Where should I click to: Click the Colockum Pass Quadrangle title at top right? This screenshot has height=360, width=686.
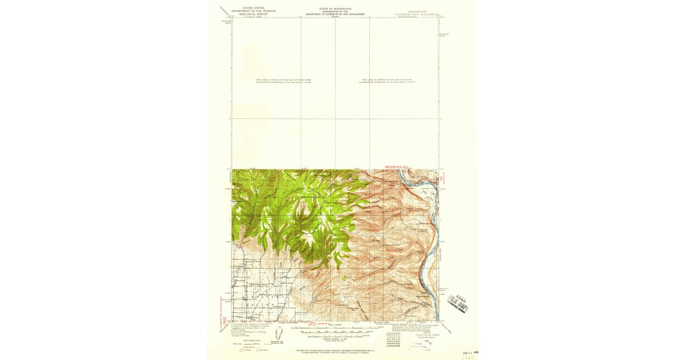click(x=419, y=11)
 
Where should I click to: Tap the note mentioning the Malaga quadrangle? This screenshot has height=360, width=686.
click(x=386, y=80)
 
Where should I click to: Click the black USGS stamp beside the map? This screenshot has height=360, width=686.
click(x=457, y=302)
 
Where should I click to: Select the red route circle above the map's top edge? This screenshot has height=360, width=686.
click(x=404, y=166)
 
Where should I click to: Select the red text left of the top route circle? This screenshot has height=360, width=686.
click(x=392, y=166)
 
